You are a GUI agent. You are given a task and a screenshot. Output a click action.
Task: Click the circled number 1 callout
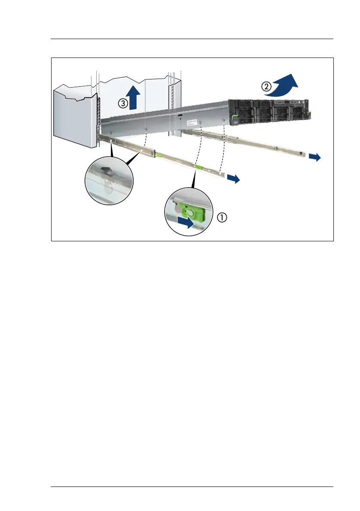(222, 218)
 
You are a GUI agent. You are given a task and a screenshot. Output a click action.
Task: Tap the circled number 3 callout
(123, 103)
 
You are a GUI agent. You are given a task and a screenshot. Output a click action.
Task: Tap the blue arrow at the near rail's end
(234, 179)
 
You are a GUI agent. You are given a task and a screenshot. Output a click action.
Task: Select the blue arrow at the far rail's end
(314, 158)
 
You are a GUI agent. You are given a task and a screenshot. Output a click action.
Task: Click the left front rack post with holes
(98, 116)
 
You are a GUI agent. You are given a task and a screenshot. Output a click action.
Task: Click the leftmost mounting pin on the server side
(111, 132)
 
